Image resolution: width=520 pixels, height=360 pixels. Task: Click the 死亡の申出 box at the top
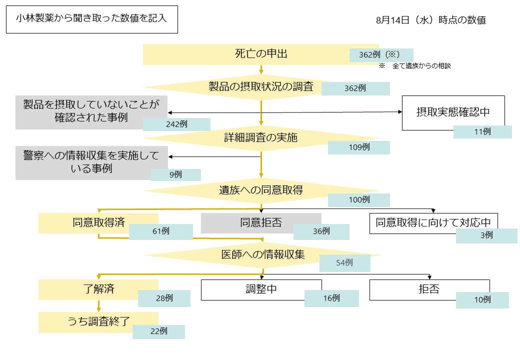point(250,54)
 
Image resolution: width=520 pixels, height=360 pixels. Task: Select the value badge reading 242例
point(176,124)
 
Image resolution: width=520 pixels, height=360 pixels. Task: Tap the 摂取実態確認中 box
point(453,112)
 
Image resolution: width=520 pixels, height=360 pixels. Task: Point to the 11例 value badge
point(482,132)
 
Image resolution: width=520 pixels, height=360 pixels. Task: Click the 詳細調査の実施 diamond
point(260,137)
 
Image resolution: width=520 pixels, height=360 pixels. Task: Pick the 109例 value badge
point(358,147)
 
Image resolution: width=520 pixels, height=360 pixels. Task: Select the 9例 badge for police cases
point(175,174)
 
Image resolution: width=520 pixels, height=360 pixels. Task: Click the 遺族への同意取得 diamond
point(260,190)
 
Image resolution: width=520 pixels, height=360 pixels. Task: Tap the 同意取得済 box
point(98,223)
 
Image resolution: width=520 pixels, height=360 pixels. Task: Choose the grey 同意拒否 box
point(260,223)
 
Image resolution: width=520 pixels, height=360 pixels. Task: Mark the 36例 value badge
point(321,231)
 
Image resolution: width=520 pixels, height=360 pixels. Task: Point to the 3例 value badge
point(486,235)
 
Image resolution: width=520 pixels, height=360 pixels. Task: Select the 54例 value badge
point(344,263)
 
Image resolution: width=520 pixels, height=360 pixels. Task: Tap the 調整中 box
point(260,289)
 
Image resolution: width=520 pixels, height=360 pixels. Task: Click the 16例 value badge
point(331,298)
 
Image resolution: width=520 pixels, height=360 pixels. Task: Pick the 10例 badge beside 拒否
point(482,300)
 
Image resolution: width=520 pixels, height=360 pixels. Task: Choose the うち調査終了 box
point(98,322)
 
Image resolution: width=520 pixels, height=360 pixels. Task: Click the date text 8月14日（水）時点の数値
point(430,20)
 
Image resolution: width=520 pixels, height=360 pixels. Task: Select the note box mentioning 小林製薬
point(91,19)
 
